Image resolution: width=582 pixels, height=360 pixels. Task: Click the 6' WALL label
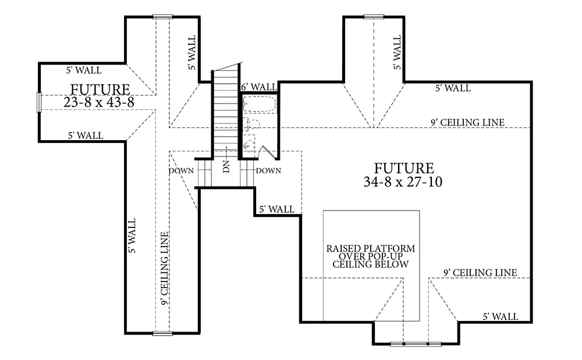[x=259, y=87]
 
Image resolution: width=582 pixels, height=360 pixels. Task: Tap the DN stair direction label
[x=226, y=166]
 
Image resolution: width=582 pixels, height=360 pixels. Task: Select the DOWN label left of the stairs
[x=181, y=170]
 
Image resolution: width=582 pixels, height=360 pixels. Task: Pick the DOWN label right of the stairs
[x=268, y=170]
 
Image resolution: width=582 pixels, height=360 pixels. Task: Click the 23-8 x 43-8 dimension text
[x=99, y=102]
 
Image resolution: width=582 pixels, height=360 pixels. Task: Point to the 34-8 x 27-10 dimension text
[x=403, y=181]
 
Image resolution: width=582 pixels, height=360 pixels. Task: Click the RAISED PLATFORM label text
[x=370, y=248]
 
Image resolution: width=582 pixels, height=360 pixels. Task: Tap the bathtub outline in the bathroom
[x=260, y=104]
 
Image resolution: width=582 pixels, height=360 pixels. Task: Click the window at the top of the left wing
[x=162, y=16]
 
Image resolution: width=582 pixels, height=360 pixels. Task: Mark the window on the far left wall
[x=38, y=102]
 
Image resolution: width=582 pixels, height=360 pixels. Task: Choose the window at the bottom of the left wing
[x=162, y=334]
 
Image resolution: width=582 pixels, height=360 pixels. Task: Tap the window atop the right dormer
[x=374, y=16]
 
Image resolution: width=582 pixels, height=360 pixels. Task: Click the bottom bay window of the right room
[x=416, y=344]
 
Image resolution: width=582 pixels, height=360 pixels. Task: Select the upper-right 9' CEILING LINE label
[x=468, y=122]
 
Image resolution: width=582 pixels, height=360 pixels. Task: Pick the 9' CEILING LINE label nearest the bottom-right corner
[x=480, y=273]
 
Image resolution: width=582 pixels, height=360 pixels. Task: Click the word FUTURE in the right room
[x=404, y=168]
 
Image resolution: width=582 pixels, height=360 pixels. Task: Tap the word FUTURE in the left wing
[x=100, y=90]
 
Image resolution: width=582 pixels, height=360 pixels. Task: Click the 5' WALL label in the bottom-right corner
[x=501, y=316]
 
